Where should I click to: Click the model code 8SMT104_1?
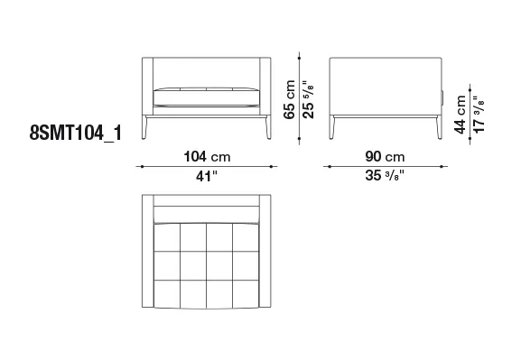[76, 134]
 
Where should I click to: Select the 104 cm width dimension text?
[207, 156]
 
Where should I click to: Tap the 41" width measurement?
[206, 176]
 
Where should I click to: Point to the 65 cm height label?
[290, 99]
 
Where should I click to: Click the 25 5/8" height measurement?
[308, 99]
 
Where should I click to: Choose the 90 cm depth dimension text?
[385, 156]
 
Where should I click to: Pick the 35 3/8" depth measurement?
[385, 175]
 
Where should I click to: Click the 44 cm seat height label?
[461, 115]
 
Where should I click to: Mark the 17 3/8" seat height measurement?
[479, 115]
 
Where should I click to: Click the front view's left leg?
[144, 127]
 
